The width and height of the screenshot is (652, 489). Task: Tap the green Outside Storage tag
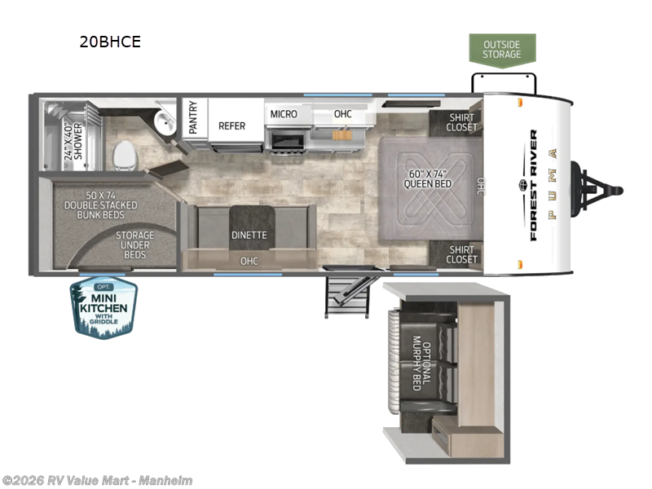pos(502,49)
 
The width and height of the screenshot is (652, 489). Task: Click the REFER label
pos(231,126)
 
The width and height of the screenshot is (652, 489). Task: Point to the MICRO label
pos(284,114)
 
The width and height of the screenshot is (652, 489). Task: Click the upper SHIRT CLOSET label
pos(462,121)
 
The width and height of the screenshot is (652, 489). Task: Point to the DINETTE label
pos(248,235)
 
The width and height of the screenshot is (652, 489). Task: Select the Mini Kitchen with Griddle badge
pos(104,307)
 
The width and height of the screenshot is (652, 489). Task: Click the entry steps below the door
pos(342,293)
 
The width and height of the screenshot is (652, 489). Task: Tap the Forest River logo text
pos(534,185)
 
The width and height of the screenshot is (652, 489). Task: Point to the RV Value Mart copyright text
pos(97,481)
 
